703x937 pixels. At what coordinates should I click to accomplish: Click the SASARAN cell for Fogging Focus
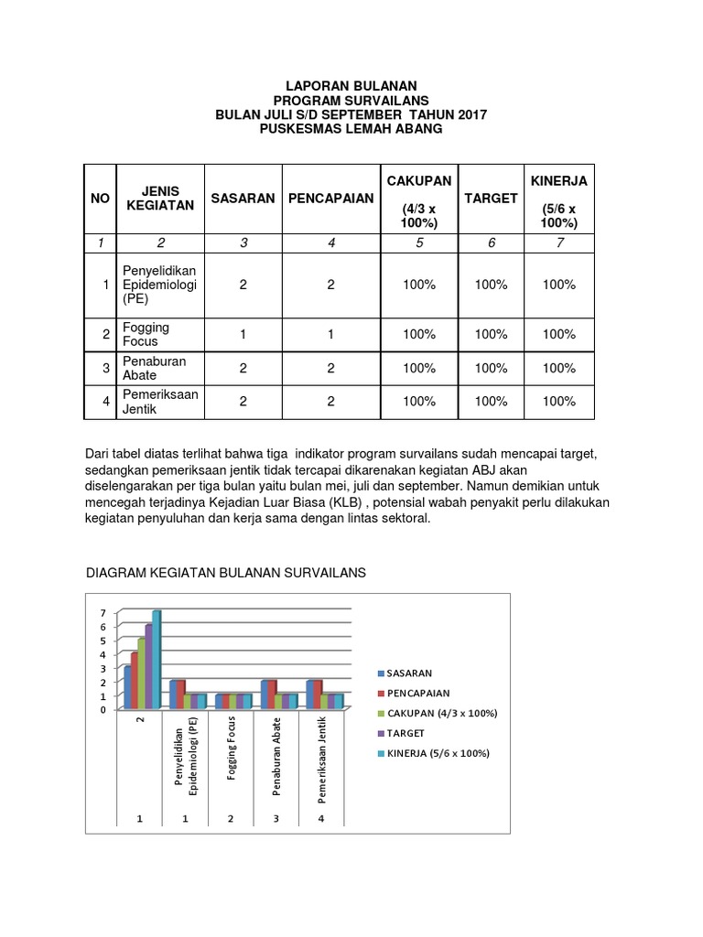point(243,334)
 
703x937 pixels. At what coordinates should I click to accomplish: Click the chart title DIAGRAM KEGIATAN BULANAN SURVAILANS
point(225,573)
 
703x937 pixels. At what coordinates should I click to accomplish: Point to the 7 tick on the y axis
point(103,612)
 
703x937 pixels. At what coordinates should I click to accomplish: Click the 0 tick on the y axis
point(103,709)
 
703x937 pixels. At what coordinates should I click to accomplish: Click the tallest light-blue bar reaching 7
point(157,659)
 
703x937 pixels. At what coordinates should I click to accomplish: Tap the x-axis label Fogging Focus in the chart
point(233,755)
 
